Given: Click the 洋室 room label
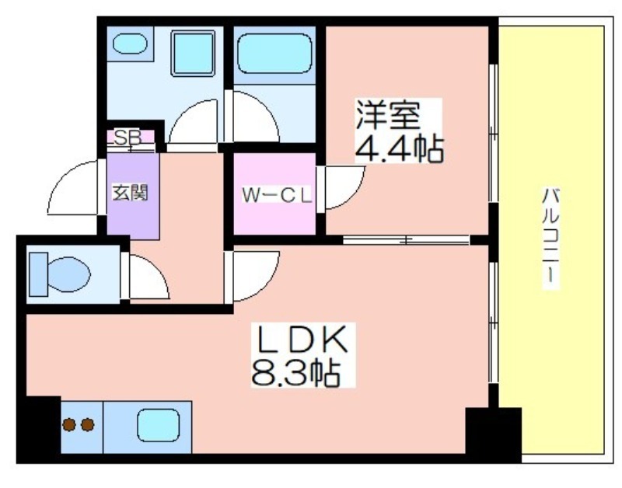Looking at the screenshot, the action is (388, 115).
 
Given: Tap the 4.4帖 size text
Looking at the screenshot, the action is (398, 149).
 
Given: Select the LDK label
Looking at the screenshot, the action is (302, 340).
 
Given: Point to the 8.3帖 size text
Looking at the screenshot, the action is (295, 373).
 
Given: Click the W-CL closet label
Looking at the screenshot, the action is (277, 195).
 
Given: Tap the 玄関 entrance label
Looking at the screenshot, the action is (130, 193).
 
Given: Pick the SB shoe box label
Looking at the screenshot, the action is (128, 138).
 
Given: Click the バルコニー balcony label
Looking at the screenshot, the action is (550, 237).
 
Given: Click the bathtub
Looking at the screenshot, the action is (274, 54).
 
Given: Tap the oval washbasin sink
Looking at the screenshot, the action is (130, 44).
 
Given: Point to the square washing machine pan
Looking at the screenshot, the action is (193, 53).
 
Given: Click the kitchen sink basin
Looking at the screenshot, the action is (159, 425).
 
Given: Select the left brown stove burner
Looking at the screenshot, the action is (69, 424).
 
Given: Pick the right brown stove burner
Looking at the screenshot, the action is (88, 424).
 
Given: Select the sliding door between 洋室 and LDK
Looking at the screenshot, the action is (406, 240).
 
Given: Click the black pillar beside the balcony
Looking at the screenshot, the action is (493, 435).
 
